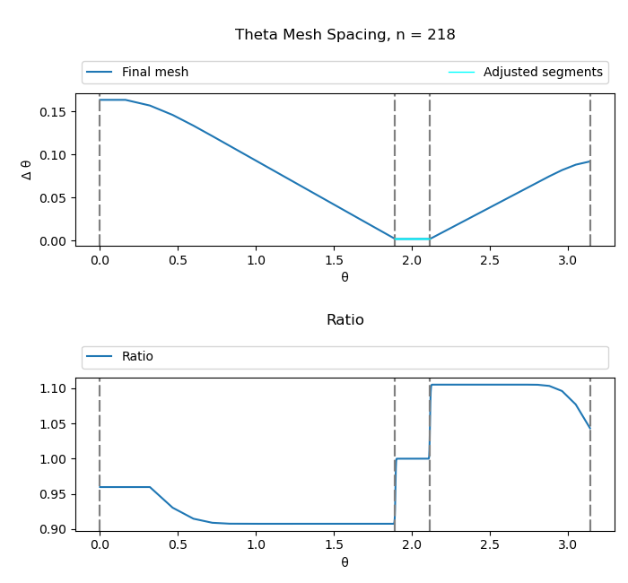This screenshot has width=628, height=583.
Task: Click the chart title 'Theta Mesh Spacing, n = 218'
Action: (345, 35)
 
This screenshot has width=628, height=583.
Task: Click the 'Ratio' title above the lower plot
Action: (345, 320)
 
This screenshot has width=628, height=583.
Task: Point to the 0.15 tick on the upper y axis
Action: (52, 112)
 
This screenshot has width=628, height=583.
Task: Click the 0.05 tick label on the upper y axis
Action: (52, 198)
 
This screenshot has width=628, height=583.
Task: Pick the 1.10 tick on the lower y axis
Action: (52, 388)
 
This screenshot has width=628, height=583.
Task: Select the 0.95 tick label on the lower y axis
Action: (52, 494)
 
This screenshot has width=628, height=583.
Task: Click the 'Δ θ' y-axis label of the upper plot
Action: (27, 170)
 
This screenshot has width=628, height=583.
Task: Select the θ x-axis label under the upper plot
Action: (345, 277)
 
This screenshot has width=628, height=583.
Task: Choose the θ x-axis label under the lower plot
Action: (345, 562)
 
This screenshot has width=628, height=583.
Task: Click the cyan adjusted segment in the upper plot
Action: (412, 239)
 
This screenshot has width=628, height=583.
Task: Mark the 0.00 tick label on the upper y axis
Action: (52, 241)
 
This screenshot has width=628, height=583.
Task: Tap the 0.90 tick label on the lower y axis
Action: (52, 529)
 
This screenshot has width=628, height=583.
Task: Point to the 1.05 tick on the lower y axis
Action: (52, 423)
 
